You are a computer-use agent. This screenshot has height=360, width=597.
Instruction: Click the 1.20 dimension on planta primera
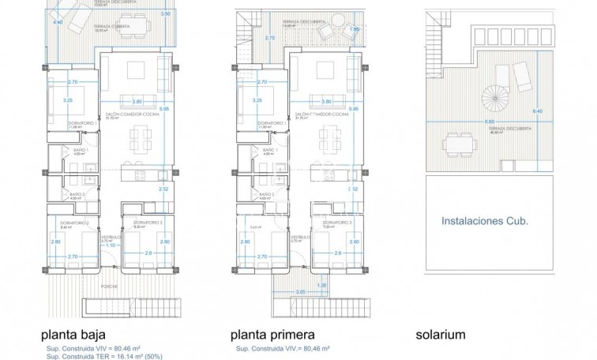(321, 284)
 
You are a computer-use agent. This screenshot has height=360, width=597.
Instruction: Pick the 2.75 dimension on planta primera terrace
(269, 37)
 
